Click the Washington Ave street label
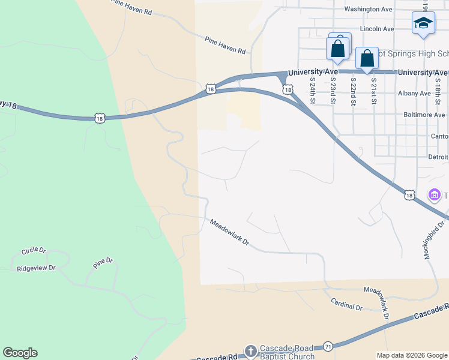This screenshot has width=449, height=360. (369, 10)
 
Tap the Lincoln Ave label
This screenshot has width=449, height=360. (376, 29)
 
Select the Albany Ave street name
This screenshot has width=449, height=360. (414, 94)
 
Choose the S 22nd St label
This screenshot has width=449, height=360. (354, 89)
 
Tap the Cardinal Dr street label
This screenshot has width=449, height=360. (347, 306)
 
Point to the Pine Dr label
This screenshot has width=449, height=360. (103, 262)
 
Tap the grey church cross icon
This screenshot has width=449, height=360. (251, 350)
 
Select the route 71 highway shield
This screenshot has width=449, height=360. (328, 346)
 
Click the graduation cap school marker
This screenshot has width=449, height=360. (423, 23)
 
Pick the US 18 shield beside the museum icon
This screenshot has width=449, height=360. (409, 195)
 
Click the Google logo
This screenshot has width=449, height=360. (20, 353)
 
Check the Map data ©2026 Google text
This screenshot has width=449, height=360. (412, 355)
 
